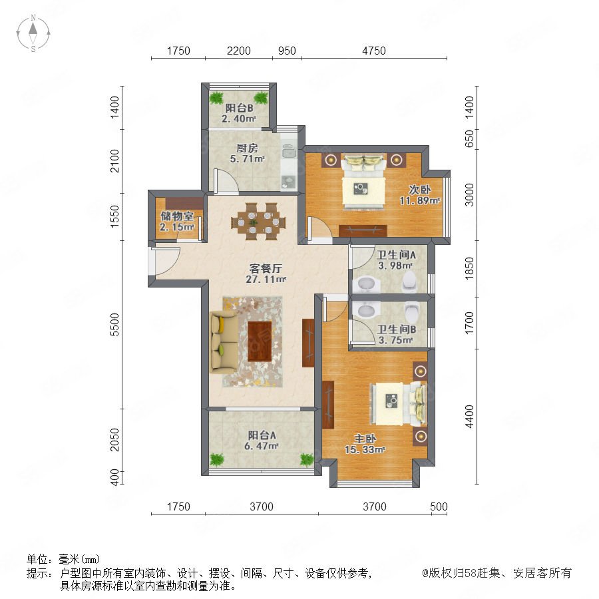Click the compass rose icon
(x=33, y=33)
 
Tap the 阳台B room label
(x=239, y=108)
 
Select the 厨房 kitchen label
(x=247, y=148)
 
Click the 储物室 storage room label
(x=176, y=216)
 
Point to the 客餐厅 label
(x=266, y=268)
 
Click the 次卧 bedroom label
(x=420, y=190)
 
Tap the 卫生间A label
(x=396, y=255)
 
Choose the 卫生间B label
(x=397, y=329)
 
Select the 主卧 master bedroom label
(x=365, y=439)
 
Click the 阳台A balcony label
(x=262, y=435)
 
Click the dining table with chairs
(x=258, y=222)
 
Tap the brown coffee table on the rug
(x=260, y=341)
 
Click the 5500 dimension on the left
(x=114, y=324)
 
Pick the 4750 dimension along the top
(x=374, y=51)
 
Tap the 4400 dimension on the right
(x=469, y=417)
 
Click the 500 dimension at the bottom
(x=439, y=506)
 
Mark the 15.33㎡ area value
(x=365, y=450)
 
